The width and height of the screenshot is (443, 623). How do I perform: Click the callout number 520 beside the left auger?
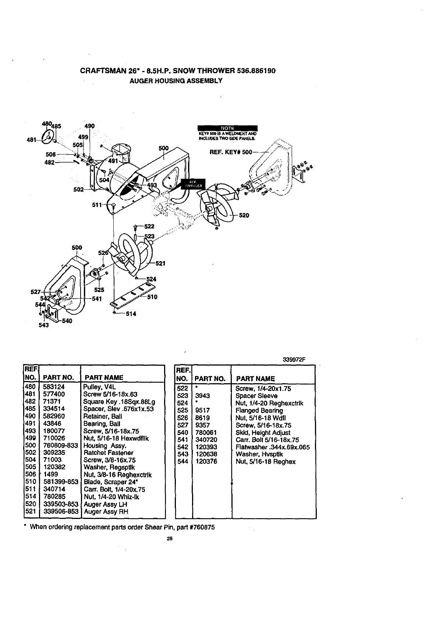click(x=244, y=216)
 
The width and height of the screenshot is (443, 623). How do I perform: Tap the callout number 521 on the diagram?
click(x=160, y=263)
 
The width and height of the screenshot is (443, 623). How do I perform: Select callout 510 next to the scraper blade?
click(x=152, y=297)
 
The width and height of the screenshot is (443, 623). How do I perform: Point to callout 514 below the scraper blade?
click(x=131, y=314)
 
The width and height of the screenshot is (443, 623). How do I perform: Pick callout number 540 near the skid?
click(x=67, y=321)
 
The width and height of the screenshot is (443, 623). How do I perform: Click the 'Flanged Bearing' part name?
click(x=259, y=410)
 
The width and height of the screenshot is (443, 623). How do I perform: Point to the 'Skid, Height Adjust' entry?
click(x=263, y=432)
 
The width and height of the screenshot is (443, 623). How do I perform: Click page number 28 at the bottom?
click(x=169, y=539)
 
